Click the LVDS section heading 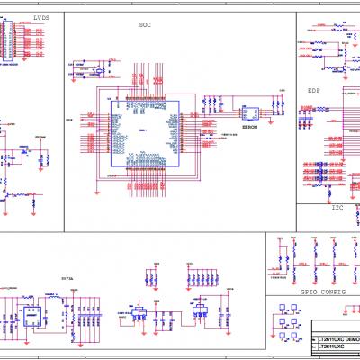tap(40, 18)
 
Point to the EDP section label tap(314, 91)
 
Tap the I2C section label tap(337, 208)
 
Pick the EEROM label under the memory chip tap(251, 129)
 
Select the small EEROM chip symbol tap(253, 112)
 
